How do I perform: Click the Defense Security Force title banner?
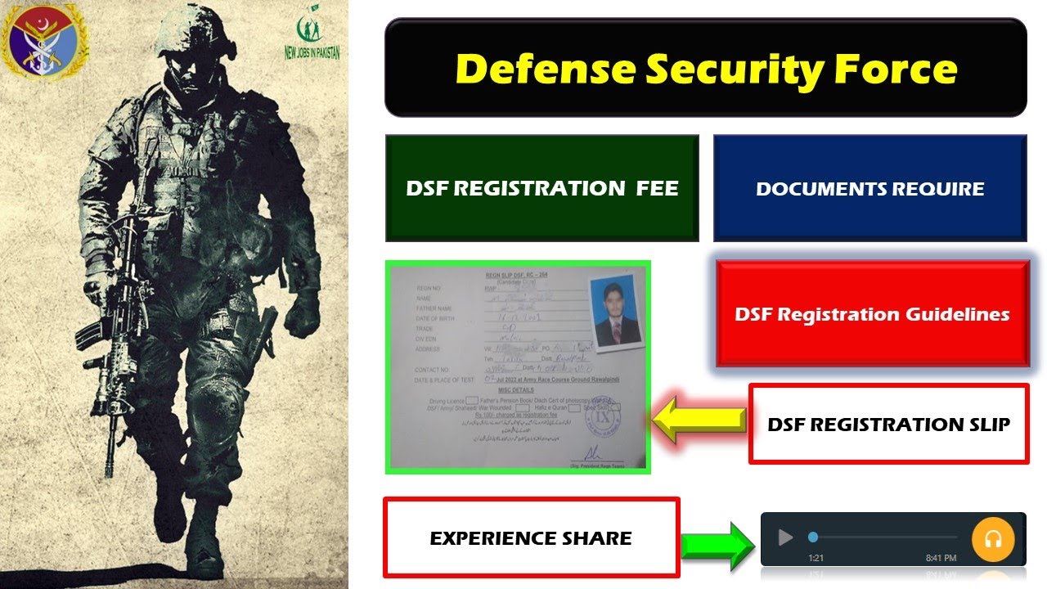point(705,68)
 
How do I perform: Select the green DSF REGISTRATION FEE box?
point(541,188)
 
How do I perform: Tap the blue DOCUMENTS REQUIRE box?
point(870,188)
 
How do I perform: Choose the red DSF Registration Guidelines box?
point(872,314)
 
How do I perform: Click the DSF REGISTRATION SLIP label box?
point(888,424)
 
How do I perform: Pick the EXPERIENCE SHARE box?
point(531,537)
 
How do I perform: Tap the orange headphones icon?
point(992,539)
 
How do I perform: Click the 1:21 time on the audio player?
point(816,558)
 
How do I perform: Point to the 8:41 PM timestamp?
point(941,558)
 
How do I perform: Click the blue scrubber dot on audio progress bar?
point(812,537)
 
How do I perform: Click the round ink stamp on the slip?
point(604,415)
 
